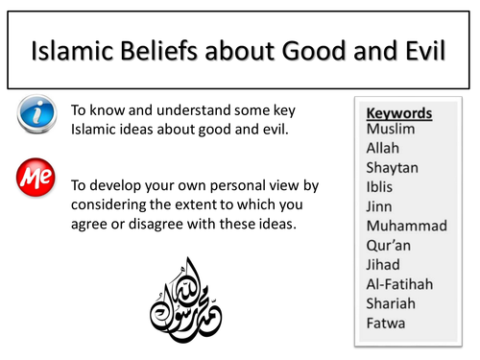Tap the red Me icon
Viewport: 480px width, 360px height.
pyautogui.click(x=37, y=180)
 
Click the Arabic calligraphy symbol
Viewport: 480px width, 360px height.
pyautogui.click(x=186, y=298)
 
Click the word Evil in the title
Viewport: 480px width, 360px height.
pyautogui.click(x=416, y=48)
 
